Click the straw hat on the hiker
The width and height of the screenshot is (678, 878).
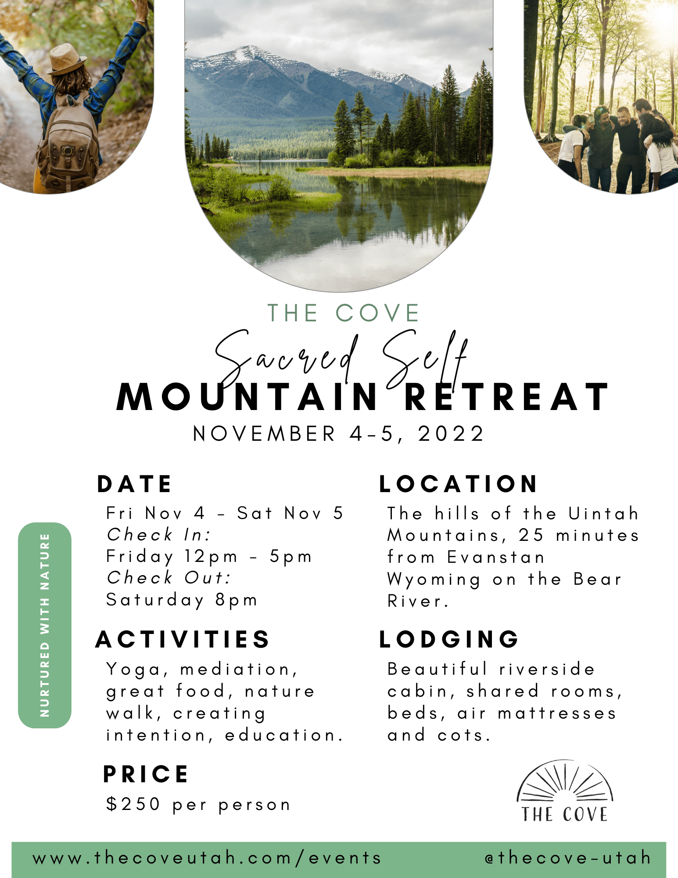click(66, 59)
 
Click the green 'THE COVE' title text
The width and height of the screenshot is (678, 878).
click(343, 313)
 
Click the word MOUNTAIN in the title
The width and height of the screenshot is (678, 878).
click(248, 397)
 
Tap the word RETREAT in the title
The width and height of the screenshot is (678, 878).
click(506, 397)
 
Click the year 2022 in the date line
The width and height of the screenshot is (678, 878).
click(451, 434)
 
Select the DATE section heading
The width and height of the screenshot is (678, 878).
click(134, 484)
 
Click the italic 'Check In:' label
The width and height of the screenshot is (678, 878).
click(159, 535)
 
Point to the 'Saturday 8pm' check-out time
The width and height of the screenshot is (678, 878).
click(182, 600)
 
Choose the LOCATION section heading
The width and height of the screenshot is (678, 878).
click(458, 484)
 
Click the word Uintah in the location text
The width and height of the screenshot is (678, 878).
click(603, 514)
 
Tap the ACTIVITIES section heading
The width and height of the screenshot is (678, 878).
click(182, 639)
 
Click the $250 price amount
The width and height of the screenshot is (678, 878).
click(133, 804)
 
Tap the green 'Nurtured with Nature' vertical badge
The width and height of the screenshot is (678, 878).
click(45, 625)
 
